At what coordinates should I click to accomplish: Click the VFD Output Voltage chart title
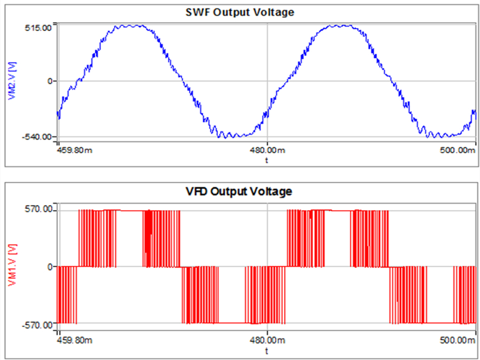240,192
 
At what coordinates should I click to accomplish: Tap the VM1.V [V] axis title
11,267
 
